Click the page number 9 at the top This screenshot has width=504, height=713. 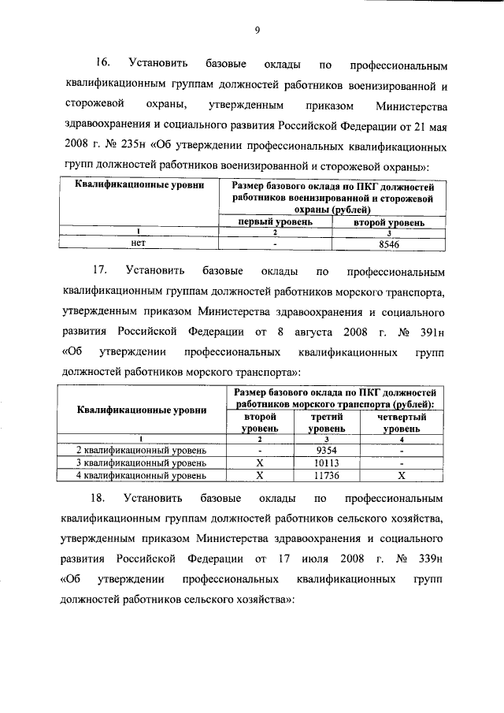[257, 31]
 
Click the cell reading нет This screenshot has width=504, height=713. [139, 244]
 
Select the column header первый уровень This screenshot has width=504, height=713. [276, 222]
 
